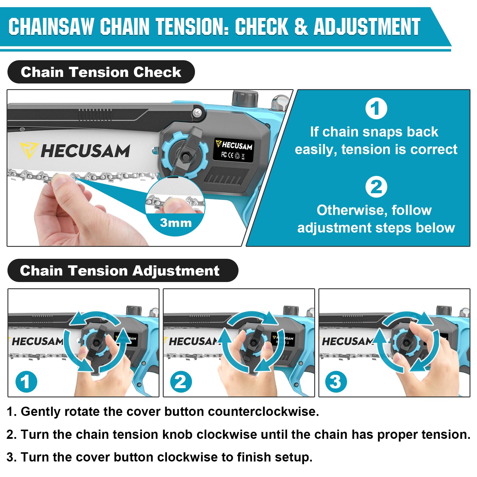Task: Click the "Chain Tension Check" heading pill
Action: coord(101,72)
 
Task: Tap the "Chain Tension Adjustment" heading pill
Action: coord(123,270)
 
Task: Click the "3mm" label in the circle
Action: coord(176,223)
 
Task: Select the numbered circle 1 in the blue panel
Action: coord(376,109)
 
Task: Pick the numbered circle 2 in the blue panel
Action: coord(376,187)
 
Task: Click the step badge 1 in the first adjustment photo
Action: coord(26,382)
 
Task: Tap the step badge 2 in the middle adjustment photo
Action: coord(181,382)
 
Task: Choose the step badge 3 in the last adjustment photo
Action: coord(336,382)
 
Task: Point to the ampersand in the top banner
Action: coord(301,27)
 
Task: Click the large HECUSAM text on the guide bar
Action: coord(85,151)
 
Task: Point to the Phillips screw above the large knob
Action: coord(197,113)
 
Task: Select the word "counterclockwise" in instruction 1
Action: coord(263,411)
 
